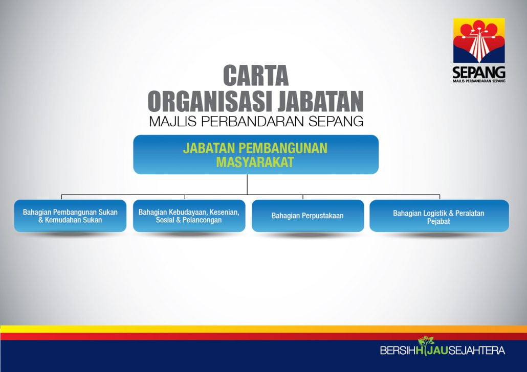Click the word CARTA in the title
(x=256, y=76)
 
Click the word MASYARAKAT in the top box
(x=255, y=162)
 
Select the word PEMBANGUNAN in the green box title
(x=283, y=148)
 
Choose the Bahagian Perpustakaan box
(x=308, y=216)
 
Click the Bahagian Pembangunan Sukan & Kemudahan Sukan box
(x=70, y=216)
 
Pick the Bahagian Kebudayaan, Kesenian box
(x=189, y=216)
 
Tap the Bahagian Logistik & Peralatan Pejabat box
(x=439, y=216)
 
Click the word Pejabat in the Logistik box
(x=438, y=221)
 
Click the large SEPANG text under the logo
(x=479, y=73)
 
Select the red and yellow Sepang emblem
(x=479, y=40)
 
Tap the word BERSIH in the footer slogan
(x=398, y=350)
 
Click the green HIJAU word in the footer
(x=432, y=350)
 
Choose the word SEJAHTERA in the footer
(x=476, y=350)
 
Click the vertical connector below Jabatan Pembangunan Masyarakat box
(x=247, y=184)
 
